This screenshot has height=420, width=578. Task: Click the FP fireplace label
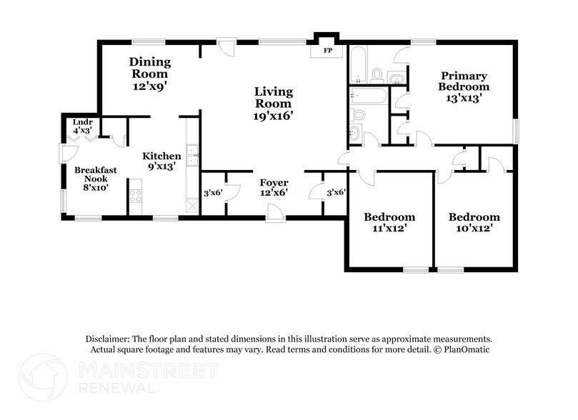pyautogui.click(x=328, y=51)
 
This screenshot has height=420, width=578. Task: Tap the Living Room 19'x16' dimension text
pyautogui.click(x=274, y=114)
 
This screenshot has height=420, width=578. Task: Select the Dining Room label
pyautogui.click(x=149, y=67)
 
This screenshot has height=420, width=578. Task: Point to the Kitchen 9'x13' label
pyautogui.click(x=161, y=161)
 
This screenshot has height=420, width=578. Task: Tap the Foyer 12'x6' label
pyautogui.click(x=274, y=187)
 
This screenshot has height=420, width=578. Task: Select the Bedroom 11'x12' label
pyautogui.click(x=389, y=222)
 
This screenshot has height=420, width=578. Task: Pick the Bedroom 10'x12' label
pyautogui.click(x=474, y=222)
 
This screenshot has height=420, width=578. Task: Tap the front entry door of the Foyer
pyautogui.click(x=273, y=213)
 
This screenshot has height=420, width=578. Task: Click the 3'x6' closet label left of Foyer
pyautogui.click(x=213, y=193)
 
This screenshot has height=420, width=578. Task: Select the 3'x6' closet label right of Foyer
pyautogui.click(x=335, y=193)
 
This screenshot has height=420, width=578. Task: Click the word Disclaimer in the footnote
pyautogui.click(x=108, y=339)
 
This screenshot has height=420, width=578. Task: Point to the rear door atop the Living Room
pyautogui.click(x=226, y=48)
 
